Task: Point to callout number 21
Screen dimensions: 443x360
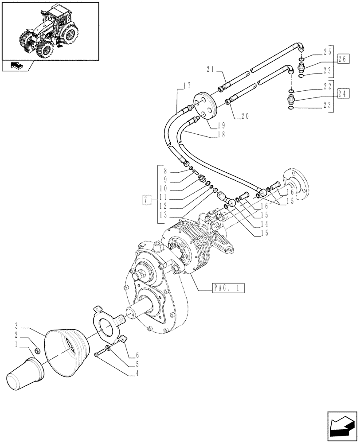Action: (211, 69)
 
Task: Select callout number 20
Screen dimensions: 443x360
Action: (245, 116)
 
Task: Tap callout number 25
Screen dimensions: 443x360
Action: (327, 52)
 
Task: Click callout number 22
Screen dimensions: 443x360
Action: (327, 86)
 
